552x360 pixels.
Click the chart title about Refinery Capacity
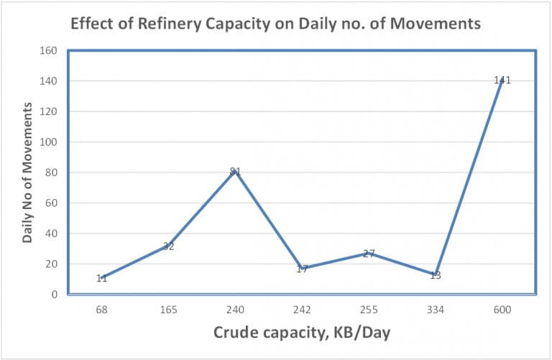click(275, 24)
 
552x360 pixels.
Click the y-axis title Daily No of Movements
click(27, 172)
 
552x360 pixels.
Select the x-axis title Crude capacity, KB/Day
click(301, 333)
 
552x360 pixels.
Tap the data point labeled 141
click(502, 80)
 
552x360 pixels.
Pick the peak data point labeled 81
click(235, 171)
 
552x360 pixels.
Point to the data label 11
click(101, 278)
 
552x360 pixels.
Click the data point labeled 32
click(168, 246)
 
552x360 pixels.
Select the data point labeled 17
click(302, 268)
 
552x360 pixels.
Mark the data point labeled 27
click(369, 253)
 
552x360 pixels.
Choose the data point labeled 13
click(436, 274)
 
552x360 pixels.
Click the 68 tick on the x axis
click(101, 309)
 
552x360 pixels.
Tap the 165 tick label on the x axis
click(168, 309)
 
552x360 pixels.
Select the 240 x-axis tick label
click(235, 309)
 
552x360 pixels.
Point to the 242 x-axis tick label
click(302, 309)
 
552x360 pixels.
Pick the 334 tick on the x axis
click(436, 309)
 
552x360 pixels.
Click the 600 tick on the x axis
click(502, 309)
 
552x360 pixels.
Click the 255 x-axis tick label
click(369, 309)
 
